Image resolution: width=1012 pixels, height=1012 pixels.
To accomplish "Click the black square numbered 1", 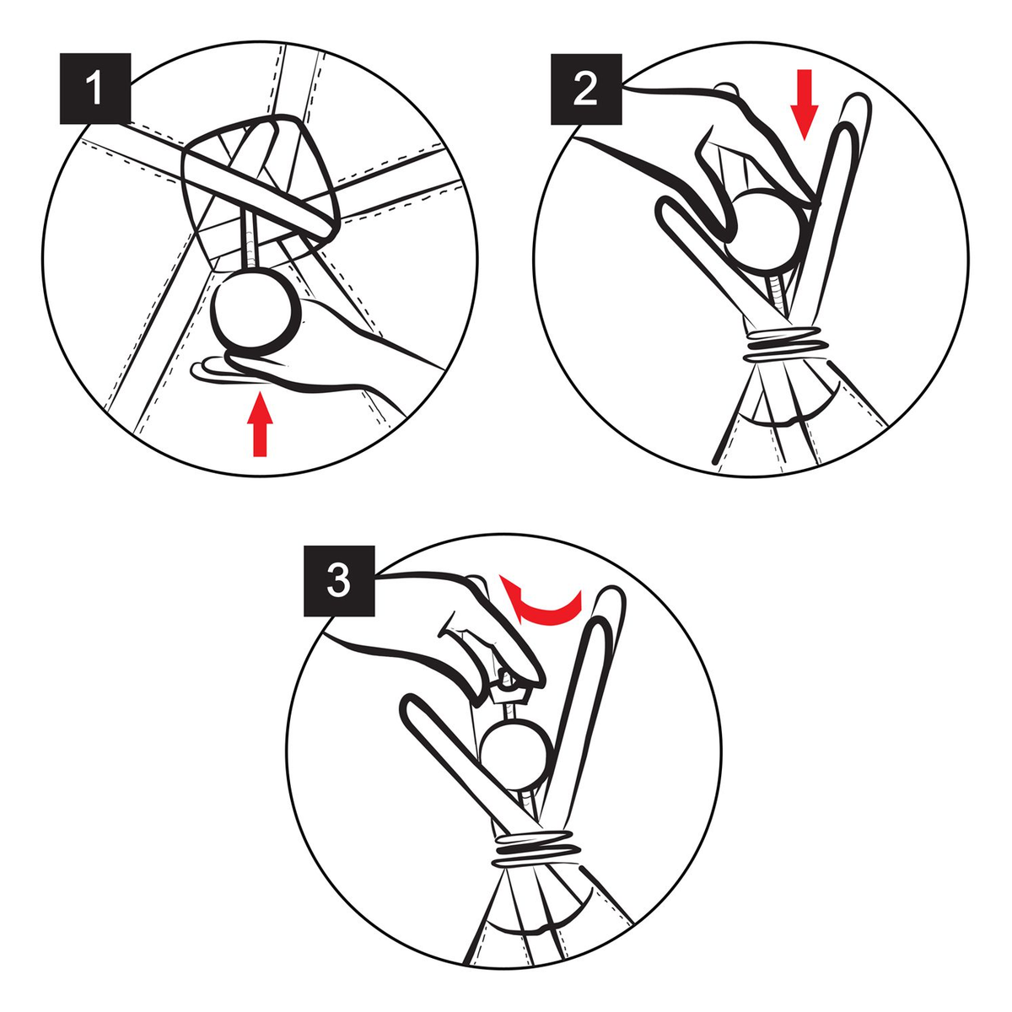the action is coord(95,89).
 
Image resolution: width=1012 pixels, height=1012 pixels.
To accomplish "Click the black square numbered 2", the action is coord(586,89).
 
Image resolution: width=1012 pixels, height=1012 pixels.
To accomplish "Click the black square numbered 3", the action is coord(339,581).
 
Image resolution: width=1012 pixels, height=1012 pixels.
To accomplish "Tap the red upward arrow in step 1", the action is coord(260,426).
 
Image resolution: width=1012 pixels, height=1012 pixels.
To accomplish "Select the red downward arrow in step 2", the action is coord(804,105).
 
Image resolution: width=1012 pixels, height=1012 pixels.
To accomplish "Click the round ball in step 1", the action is coord(256,310).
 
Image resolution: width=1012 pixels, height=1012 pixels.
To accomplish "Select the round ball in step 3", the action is coord(517,753).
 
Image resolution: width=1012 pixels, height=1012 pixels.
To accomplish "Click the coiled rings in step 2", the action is coord(785,346).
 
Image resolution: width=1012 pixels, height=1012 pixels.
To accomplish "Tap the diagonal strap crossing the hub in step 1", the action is coord(226,179).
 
